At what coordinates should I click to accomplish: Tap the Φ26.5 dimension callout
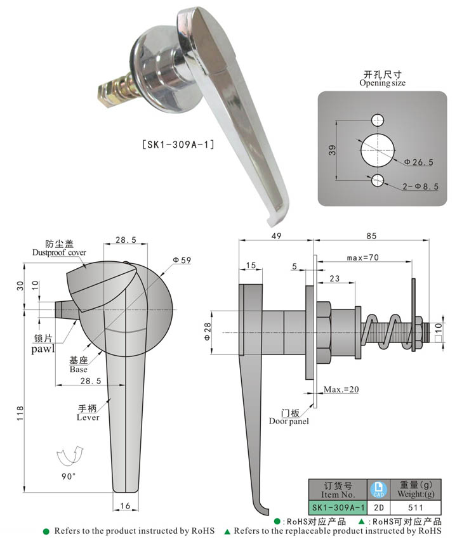(x=420, y=162)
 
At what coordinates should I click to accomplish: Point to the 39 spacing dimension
(x=333, y=150)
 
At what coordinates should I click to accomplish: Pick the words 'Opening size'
(x=382, y=83)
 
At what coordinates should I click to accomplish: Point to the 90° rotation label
(x=69, y=475)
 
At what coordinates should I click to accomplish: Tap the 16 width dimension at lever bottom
(x=126, y=505)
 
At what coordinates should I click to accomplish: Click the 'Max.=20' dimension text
(x=341, y=389)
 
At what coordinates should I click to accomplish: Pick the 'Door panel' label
(x=289, y=421)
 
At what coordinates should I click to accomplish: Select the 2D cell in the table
(x=378, y=508)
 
